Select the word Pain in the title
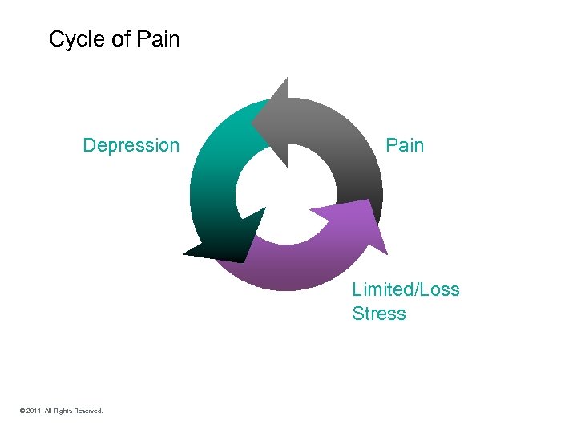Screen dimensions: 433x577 tap(159, 38)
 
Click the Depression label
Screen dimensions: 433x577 tap(131, 145)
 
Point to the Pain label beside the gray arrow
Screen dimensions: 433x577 tap(405, 145)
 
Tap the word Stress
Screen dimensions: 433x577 tap(378, 314)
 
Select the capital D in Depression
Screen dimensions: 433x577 tap(89, 145)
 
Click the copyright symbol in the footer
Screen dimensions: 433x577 tap(23, 411)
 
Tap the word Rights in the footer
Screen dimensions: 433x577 tap(63, 411)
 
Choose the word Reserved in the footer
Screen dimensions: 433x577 tap(89, 411)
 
